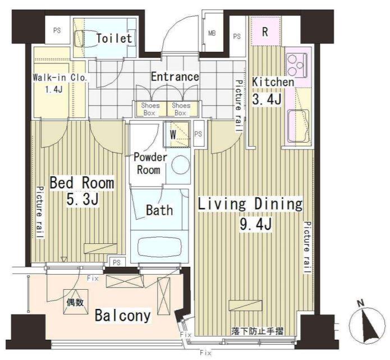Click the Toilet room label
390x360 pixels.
114,38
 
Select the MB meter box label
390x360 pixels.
212,33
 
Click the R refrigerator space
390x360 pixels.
265,31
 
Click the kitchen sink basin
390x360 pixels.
298,126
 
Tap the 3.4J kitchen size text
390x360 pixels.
267,99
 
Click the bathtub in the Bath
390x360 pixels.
159,247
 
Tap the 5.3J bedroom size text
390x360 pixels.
82,199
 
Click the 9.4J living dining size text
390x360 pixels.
255,224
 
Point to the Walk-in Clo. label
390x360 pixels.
60,78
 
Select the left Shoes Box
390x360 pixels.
150,109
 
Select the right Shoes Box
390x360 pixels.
182,109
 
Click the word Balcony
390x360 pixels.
123,316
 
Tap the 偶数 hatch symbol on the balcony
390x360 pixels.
76,302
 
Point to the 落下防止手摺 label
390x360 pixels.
257,331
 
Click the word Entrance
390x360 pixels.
175,77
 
